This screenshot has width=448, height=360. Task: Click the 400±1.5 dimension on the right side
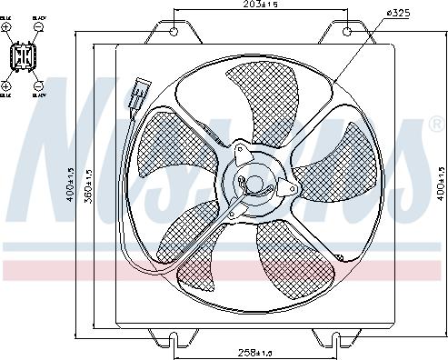(x=439, y=183)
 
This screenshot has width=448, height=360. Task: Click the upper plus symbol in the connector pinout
(x=5, y=27)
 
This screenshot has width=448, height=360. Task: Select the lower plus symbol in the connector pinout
(x=5, y=85)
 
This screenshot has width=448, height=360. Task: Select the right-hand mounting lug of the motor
(x=289, y=188)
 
